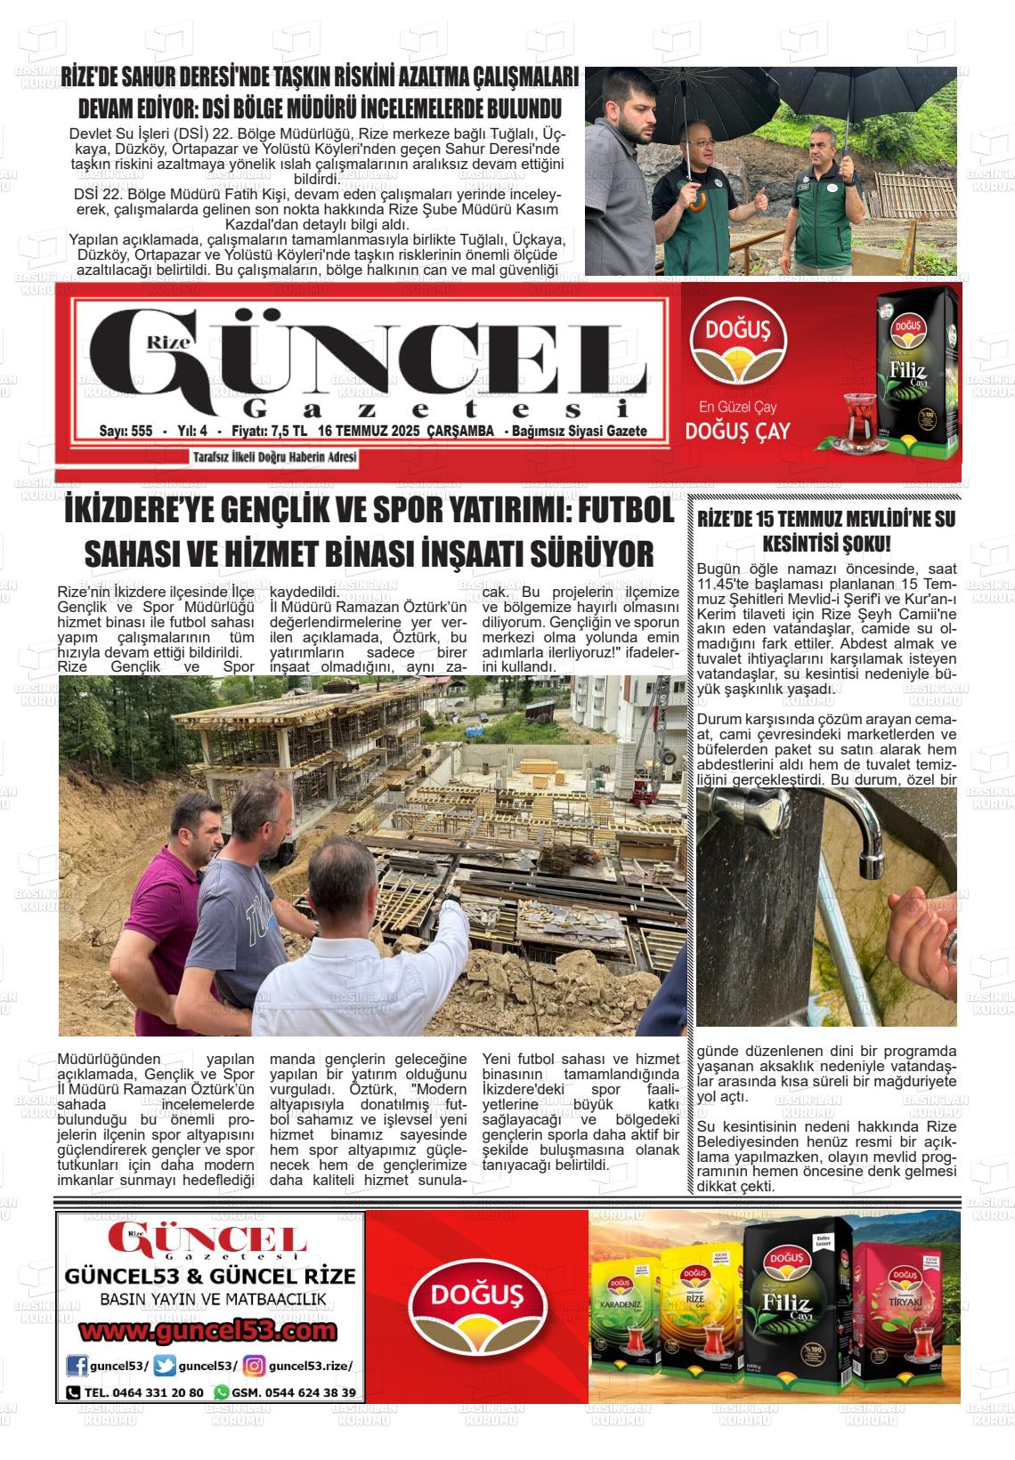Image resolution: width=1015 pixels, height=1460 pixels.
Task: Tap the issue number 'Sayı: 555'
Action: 126,432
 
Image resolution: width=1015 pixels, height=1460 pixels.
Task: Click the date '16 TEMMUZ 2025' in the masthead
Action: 369,432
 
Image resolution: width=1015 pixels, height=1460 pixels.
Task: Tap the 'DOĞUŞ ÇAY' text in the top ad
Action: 737,432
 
